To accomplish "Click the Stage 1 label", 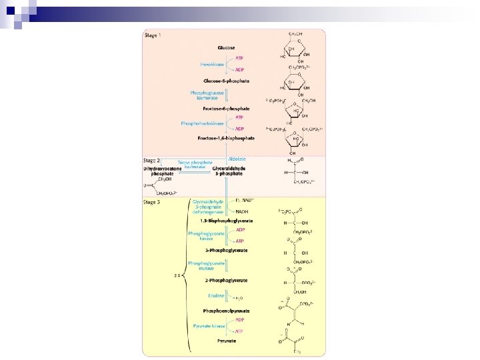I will click(x=153, y=35).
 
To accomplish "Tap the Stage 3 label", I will click(x=153, y=201).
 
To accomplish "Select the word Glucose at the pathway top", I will click(x=225, y=48).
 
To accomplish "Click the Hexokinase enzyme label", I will click(x=214, y=65).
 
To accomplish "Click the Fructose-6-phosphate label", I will click(x=226, y=108).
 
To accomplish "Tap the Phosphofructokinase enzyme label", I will click(x=204, y=123).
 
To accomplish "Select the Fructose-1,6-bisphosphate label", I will click(x=226, y=138).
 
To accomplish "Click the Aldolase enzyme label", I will click(x=237, y=159).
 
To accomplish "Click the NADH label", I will click(x=243, y=212).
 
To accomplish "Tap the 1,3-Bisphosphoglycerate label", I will click(x=226, y=221).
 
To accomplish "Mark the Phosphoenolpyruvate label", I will click(x=227, y=311).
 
